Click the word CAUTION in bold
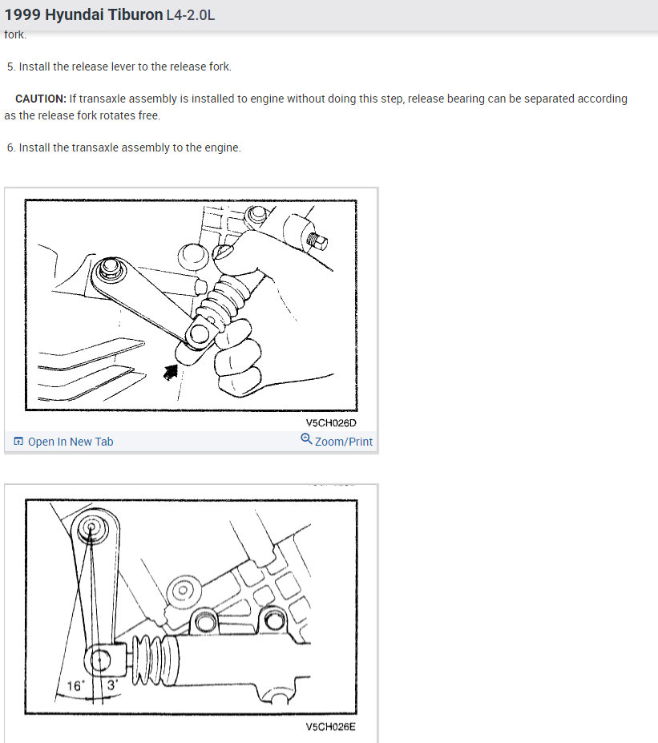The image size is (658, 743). click(41, 99)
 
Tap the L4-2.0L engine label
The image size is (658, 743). click(191, 15)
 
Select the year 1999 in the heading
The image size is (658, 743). click(22, 14)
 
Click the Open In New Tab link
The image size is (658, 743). click(71, 442)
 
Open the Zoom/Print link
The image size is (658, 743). click(344, 442)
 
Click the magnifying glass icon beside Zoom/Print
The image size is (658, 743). click(306, 439)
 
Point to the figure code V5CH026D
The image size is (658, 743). click(331, 422)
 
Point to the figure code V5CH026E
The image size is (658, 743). click(330, 727)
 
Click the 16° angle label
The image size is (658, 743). click(75, 686)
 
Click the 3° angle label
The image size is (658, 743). click(111, 685)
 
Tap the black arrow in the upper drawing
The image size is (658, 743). click(171, 372)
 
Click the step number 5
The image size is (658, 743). click(11, 67)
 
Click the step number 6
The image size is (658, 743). click(11, 147)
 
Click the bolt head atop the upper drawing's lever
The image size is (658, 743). click(110, 268)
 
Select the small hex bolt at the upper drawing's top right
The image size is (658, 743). click(317, 240)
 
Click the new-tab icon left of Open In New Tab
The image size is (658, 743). click(18, 442)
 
